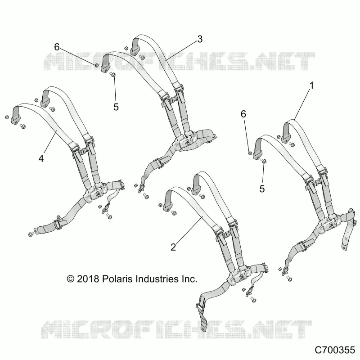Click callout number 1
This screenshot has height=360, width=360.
[311, 85]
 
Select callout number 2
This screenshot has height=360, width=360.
[173, 247]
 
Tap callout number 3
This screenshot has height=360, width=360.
[200, 39]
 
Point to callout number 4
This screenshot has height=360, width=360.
[41, 158]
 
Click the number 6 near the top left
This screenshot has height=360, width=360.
[57, 47]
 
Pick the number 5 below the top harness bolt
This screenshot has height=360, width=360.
[116, 107]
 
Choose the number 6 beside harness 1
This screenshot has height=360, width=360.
[243, 114]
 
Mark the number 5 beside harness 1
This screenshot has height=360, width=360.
[262, 189]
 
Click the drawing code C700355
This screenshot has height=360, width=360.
[335, 350]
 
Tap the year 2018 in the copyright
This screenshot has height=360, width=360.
[88, 279]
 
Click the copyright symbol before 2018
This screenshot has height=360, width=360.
[71, 279]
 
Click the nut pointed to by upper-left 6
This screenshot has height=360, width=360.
[97, 65]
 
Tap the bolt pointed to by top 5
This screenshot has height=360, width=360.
[112, 74]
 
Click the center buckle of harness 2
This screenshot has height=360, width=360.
[239, 275]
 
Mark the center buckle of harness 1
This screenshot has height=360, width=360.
[329, 225]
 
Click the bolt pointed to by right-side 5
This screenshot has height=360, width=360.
[264, 161]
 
